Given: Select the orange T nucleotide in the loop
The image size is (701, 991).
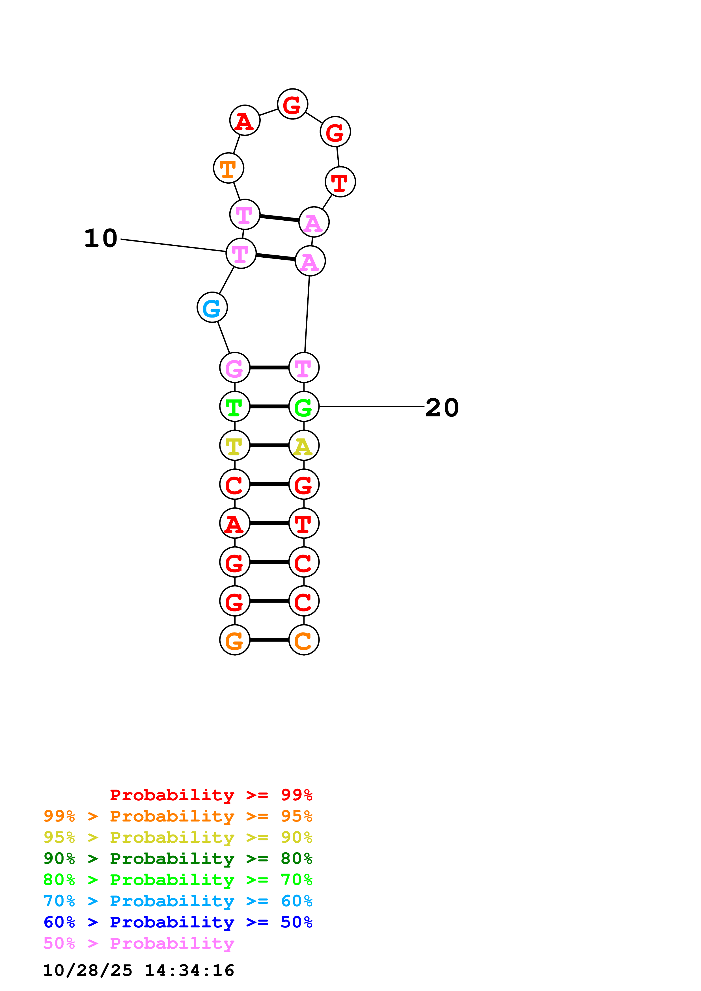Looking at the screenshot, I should point(228,168).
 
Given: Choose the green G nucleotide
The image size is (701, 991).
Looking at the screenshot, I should point(304,406).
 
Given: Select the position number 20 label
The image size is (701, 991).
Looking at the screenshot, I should point(442,407).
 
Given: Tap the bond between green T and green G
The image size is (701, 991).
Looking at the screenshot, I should point(269,406).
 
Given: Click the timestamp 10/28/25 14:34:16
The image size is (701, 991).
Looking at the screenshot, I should point(139,970).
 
